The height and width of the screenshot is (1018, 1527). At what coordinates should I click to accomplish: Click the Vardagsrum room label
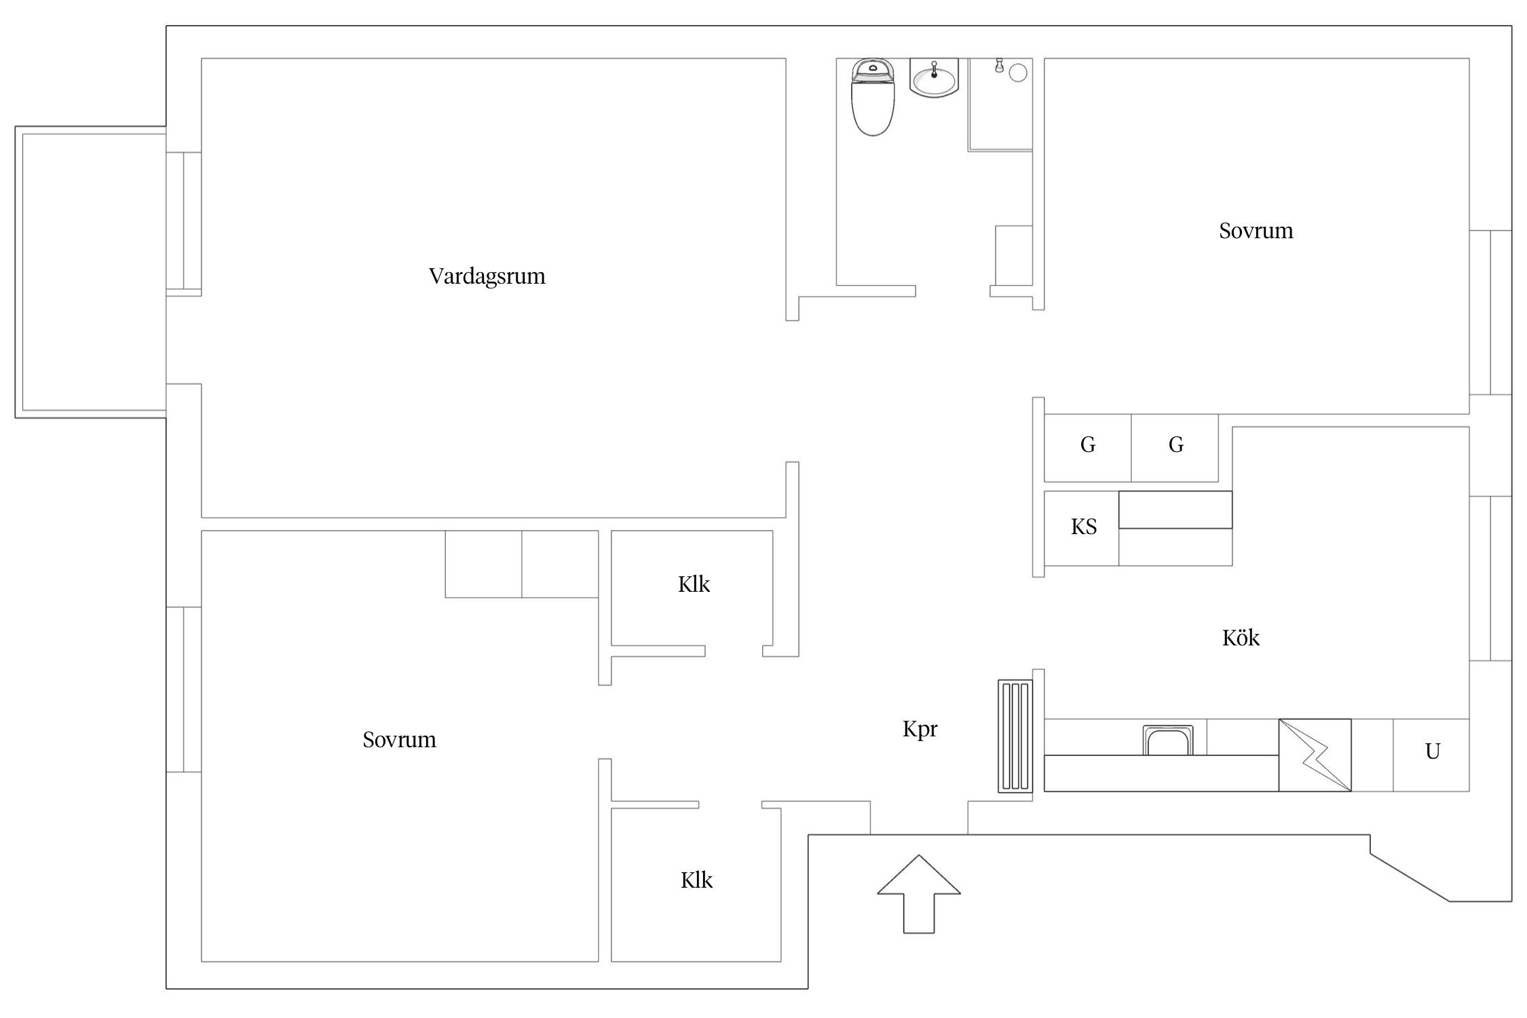(487, 276)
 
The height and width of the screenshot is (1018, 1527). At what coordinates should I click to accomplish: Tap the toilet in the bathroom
(873, 97)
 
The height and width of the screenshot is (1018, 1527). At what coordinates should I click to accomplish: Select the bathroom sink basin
(935, 78)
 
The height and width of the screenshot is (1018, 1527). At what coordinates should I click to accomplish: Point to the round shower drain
(1018, 73)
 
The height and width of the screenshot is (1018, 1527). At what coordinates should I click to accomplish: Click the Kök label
(1241, 638)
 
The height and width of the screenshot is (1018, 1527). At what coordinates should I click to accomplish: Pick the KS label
(1084, 527)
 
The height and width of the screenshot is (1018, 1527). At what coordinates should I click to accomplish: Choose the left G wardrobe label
(1088, 445)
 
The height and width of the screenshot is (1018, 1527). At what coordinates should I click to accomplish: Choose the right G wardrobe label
(1176, 445)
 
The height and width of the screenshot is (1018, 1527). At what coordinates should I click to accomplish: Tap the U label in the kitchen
(1433, 751)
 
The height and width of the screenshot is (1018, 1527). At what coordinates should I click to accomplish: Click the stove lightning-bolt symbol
(1315, 755)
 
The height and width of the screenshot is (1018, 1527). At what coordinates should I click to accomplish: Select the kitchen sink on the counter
(1168, 740)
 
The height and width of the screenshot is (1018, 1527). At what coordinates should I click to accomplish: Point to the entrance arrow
(919, 894)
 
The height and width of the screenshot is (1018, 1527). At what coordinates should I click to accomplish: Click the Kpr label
(920, 730)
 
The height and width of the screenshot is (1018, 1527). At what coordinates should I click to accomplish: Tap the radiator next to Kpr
(1015, 736)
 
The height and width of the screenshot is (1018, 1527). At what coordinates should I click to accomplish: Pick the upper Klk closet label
(694, 584)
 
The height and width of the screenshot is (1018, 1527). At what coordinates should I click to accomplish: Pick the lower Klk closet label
(696, 880)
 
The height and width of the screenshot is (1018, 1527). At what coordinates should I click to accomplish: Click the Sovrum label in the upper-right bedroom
(1256, 231)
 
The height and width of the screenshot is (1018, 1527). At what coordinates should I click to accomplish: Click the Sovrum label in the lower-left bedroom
(399, 740)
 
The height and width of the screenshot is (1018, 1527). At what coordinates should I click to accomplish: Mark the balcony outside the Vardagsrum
(91, 272)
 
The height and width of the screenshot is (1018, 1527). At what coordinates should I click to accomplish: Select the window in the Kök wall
(1490, 578)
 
